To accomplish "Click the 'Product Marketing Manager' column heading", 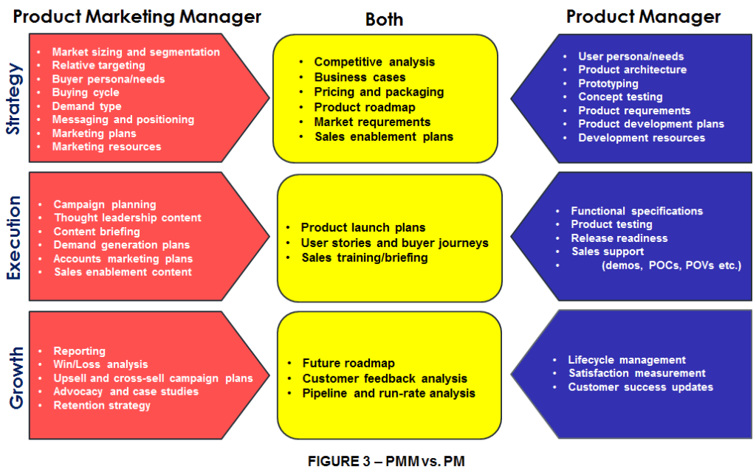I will [x=137, y=16].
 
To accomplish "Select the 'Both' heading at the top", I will [x=384, y=19].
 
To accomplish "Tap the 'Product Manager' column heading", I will [x=643, y=16].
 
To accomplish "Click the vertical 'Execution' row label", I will [x=14, y=237].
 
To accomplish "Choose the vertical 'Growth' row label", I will [x=14, y=377].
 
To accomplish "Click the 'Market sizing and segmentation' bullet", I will [x=136, y=52].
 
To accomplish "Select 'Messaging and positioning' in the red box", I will [x=123, y=119].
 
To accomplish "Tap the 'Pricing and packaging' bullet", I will [x=379, y=92].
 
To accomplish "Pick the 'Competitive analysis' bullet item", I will [x=374, y=62].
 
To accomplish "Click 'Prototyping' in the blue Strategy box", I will [x=608, y=83].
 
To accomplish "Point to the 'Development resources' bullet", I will [x=642, y=137].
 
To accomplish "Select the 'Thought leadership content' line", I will [x=127, y=218].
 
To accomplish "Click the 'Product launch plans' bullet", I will [x=363, y=227].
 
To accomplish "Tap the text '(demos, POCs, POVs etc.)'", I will [x=671, y=265].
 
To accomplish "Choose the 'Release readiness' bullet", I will [x=619, y=238].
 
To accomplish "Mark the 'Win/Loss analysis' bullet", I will [x=100, y=364].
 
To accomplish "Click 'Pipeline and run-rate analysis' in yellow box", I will [x=388, y=393].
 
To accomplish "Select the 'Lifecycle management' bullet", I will [x=627, y=360].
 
